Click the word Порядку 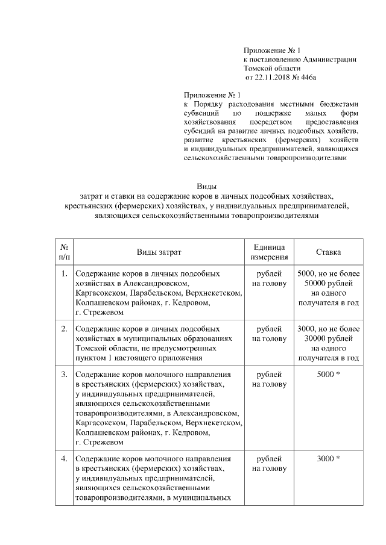(212, 104)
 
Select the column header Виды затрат (158, 252)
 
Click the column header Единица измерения (269, 252)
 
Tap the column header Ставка (329, 252)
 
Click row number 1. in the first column (64, 274)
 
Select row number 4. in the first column (64, 459)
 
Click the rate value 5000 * (329, 375)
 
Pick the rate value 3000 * (329, 459)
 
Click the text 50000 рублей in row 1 (329, 284)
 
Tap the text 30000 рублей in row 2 (329, 339)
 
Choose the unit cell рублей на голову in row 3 (269, 379)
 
